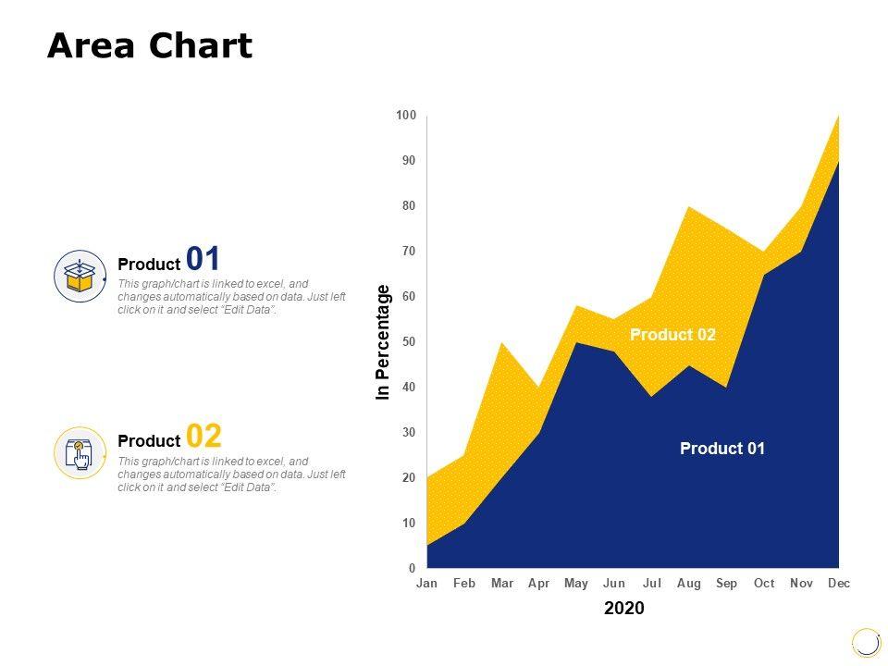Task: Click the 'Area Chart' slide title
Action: pos(150,45)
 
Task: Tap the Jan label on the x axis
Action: pos(426,584)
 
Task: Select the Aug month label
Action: pos(688,584)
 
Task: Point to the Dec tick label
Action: pos(838,584)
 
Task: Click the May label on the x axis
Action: pos(576,584)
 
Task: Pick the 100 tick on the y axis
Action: pos(406,116)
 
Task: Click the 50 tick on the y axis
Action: pos(409,342)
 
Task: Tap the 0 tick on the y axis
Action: pos(413,568)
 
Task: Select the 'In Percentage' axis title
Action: pos(384,342)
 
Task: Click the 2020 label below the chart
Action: pos(624,609)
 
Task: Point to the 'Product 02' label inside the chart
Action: pos(672,335)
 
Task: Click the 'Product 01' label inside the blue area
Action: pos(722,449)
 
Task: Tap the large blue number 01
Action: pos(203,258)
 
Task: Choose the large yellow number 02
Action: pos(204,436)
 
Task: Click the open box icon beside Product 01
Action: pos(80,276)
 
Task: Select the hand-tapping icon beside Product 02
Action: pos(80,453)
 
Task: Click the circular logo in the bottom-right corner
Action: pos(866,642)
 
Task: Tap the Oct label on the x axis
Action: pos(764,584)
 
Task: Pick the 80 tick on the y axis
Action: pos(409,206)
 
